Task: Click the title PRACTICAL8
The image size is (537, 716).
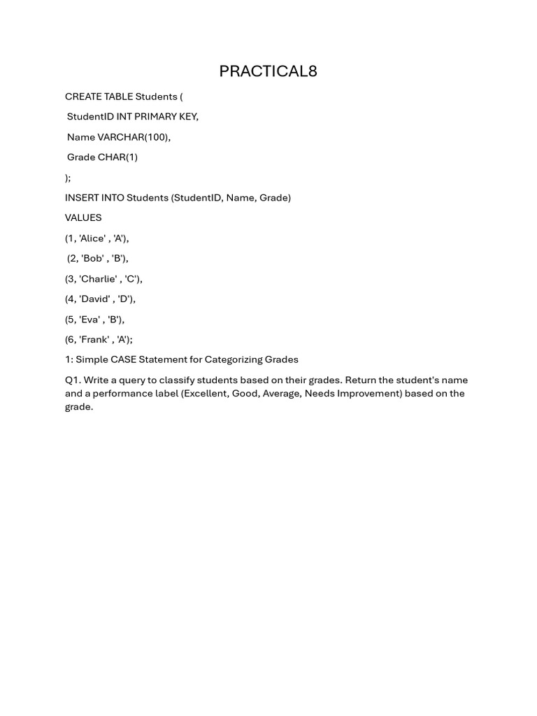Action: click(268, 71)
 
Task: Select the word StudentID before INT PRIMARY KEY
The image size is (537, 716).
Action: click(90, 117)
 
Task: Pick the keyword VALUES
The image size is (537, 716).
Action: click(83, 218)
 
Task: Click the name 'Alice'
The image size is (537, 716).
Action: click(92, 238)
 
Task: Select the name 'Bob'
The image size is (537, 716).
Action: click(92, 259)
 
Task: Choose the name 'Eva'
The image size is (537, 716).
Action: click(91, 320)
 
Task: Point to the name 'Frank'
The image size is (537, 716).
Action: click(94, 340)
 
